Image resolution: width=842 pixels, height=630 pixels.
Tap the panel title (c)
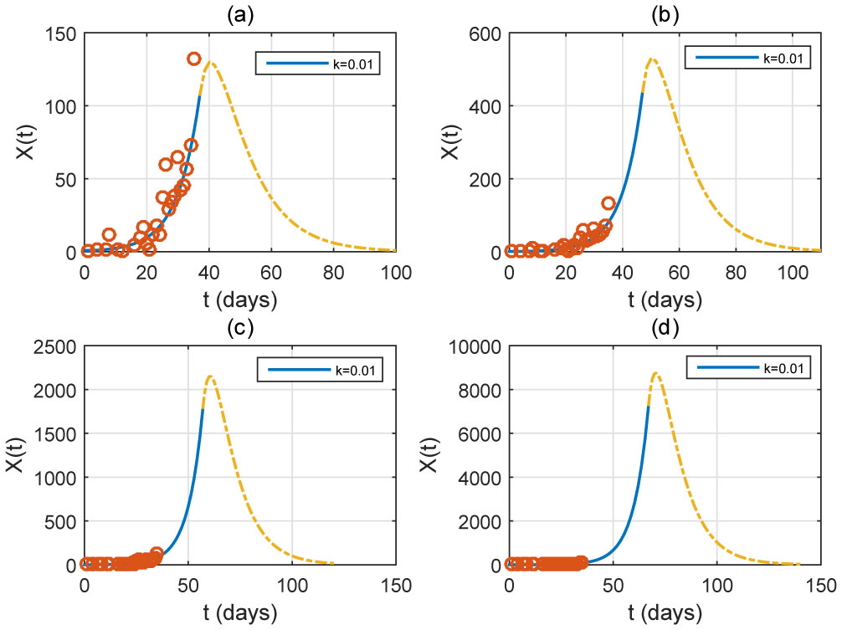[x=239, y=327]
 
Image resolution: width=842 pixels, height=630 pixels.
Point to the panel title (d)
[x=664, y=327]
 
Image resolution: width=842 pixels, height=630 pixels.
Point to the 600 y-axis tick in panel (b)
[x=485, y=33]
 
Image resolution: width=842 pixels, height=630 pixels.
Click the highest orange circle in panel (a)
[x=193, y=59]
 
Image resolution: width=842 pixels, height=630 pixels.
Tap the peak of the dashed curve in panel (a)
[x=209, y=63]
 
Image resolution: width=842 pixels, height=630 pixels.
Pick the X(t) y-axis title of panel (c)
[x=16, y=455]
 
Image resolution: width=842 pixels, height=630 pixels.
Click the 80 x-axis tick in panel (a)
[x=333, y=271]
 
